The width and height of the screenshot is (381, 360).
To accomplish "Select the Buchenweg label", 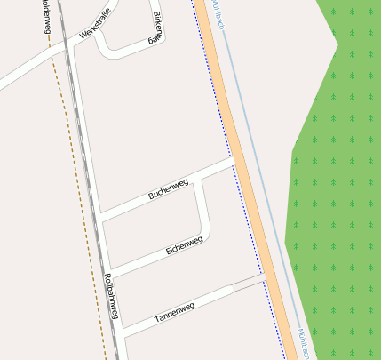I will click(169, 188).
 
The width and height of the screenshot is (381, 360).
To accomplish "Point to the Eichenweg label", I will click(185, 245).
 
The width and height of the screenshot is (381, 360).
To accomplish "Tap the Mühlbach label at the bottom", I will click(303, 344).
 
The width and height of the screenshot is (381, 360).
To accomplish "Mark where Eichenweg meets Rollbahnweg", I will click(107, 270).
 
